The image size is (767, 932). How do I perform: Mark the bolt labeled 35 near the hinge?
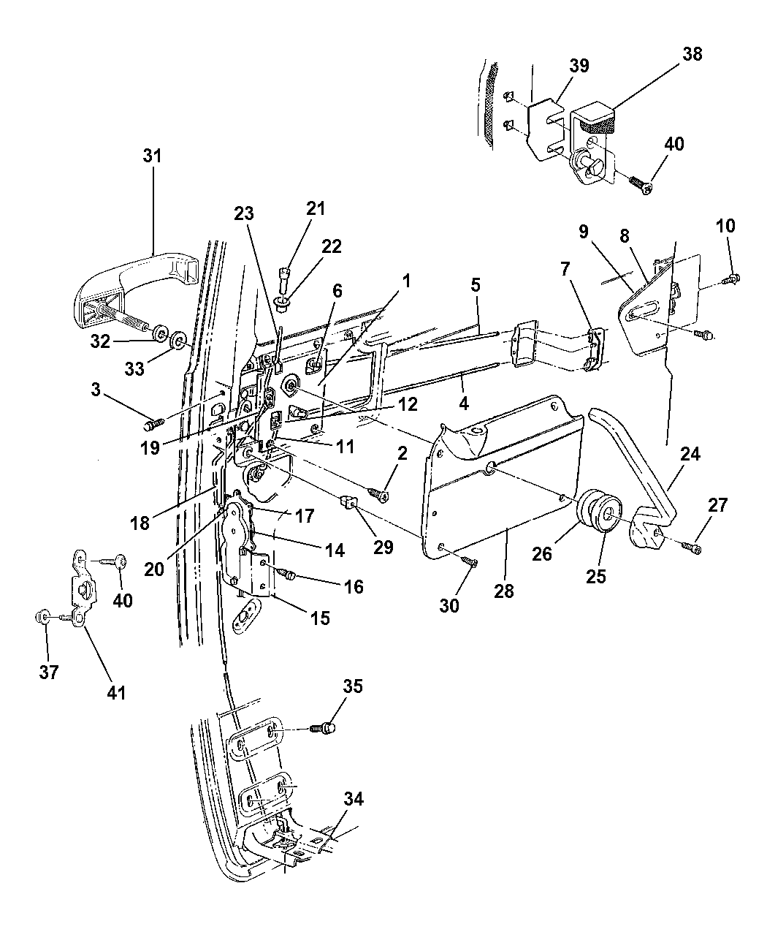[x=327, y=727]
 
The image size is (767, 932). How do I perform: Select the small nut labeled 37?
[x=42, y=618]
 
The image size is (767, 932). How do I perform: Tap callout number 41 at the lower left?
[x=117, y=691]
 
